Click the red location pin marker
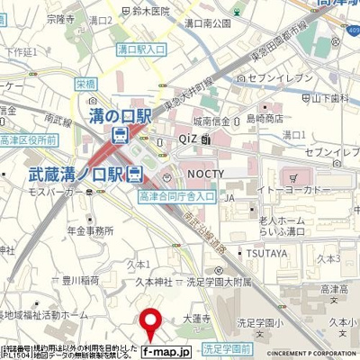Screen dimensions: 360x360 point(150,321)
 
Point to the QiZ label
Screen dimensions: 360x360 point(188,139)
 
